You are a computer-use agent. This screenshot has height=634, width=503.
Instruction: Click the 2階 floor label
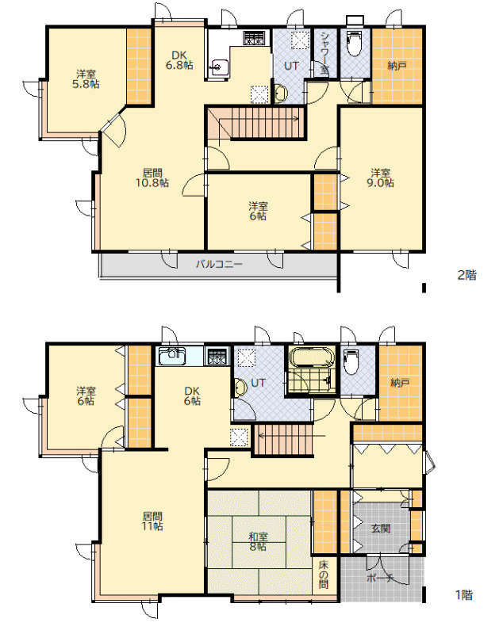click(x=467, y=275)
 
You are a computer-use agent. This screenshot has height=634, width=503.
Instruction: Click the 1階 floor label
click(x=465, y=595)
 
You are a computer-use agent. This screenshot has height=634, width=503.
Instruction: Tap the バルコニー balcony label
click(x=219, y=265)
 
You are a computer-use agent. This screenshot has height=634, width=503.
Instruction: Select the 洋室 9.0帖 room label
click(x=380, y=178)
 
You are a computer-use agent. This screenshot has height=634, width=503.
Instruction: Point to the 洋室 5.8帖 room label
click(x=86, y=79)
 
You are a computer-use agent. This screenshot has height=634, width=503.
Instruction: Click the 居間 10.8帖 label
click(x=152, y=178)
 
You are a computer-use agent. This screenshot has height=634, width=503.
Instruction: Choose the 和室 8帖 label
click(x=258, y=542)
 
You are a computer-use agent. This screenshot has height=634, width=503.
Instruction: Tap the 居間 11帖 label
click(x=152, y=521)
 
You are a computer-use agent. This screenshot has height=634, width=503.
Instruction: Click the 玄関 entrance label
click(x=381, y=529)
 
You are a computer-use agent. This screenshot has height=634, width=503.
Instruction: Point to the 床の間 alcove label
click(x=324, y=575)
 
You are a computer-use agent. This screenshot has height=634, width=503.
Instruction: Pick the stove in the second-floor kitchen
click(x=254, y=38)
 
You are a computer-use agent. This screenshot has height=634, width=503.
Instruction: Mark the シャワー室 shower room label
click(x=324, y=52)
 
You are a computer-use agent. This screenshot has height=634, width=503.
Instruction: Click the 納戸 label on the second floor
click(x=397, y=66)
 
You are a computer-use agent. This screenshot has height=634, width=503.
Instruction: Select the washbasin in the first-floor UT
click(x=240, y=388)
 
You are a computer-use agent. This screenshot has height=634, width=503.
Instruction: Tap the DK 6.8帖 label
click(x=179, y=60)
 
